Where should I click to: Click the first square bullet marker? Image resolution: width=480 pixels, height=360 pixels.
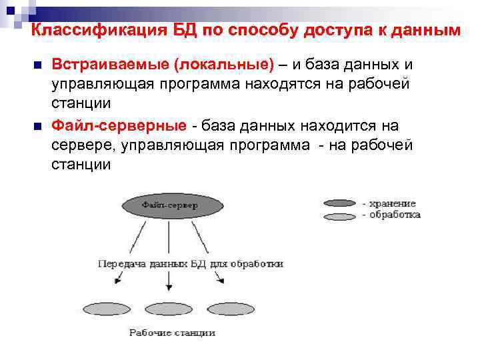pyautogui.click(x=37, y=65)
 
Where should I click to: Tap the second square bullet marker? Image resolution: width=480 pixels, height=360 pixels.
pyautogui.click(x=37, y=126)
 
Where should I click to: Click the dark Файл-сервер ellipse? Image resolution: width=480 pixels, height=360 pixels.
pyautogui.click(x=169, y=207)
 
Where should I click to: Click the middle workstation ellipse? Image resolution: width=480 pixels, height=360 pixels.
pyautogui.click(x=169, y=309)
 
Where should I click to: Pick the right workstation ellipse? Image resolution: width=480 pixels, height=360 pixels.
pyautogui.click(x=230, y=309)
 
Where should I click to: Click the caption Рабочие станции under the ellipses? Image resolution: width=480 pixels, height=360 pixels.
pyautogui.click(x=172, y=333)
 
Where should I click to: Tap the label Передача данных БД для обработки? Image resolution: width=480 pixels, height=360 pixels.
pyautogui.click(x=191, y=263)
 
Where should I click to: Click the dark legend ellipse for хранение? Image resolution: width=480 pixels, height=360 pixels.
pyautogui.click(x=339, y=203)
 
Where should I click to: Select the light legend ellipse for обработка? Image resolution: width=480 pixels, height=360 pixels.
pyautogui.click(x=339, y=216)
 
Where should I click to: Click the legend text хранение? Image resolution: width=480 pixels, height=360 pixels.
pyautogui.click(x=393, y=203)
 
